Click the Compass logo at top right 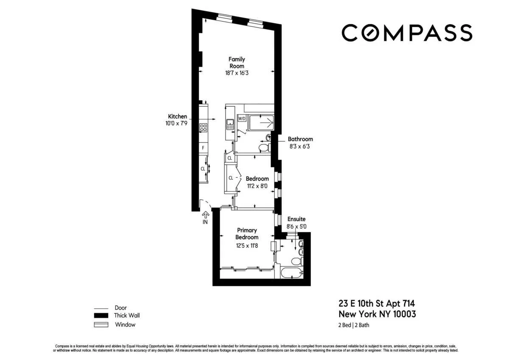[406, 33]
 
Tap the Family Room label [237, 63]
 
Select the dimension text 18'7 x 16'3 [237, 73]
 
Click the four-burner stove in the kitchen [203, 127]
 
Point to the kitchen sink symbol [230, 124]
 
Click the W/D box [242, 118]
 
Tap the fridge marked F [203, 148]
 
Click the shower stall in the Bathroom [261, 122]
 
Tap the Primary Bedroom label [247, 234]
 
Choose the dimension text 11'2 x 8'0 [257, 186]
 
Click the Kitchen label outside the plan [177, 116]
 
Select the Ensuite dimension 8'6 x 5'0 [296, 227]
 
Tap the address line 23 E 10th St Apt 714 [377, 304]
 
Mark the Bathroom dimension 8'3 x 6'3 [300, 146]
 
